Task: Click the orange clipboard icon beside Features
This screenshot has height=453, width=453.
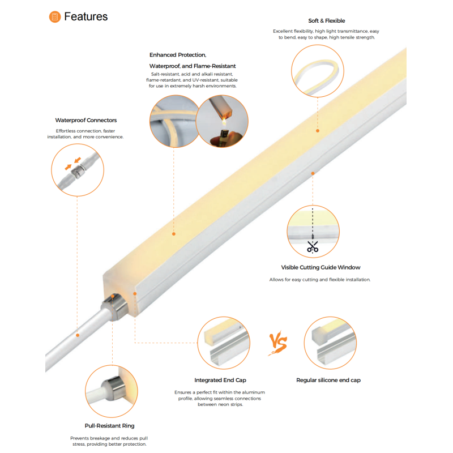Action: [55, 17]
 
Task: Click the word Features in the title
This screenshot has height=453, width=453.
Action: [86, 16]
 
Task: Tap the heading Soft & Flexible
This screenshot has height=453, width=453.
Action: [327, 21]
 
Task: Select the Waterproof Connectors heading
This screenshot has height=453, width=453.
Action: [86, 120]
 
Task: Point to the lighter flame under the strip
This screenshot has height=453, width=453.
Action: [224, 122]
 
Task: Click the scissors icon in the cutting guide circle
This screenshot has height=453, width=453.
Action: [313, 247]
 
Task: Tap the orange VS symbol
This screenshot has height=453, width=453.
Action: [277, 343]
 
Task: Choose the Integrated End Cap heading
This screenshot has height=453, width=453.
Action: [220, 380]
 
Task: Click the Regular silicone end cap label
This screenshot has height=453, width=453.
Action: [328, 380]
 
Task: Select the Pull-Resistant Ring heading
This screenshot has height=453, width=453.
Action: [109, 426]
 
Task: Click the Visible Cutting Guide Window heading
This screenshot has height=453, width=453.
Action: [320, 267]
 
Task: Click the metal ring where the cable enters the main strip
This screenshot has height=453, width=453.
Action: [115, 307]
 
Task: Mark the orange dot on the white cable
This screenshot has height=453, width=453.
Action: [78, 335]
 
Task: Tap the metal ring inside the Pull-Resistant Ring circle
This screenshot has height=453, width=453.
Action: [114, 387]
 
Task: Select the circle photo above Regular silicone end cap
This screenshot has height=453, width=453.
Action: [330, 343]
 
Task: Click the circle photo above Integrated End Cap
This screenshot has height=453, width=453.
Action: [224, 343]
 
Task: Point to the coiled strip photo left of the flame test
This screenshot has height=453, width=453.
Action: [174, 121]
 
